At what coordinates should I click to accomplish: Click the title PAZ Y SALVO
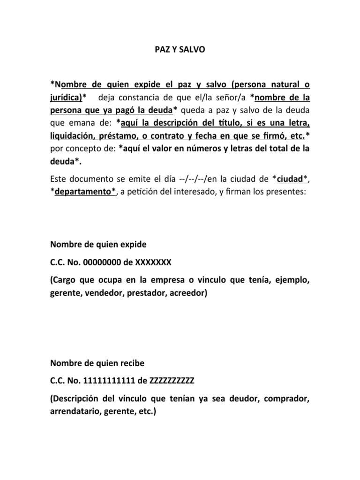click(180, 48)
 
